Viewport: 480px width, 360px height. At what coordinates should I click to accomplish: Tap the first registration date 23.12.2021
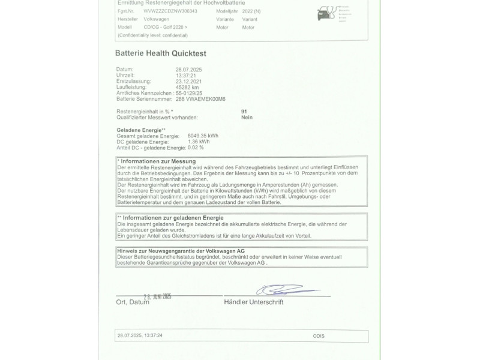tap(190, 81)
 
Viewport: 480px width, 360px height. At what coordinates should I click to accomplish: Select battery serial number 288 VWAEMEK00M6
tap(200, 98)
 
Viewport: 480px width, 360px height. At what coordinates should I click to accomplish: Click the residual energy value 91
tap(244, 112)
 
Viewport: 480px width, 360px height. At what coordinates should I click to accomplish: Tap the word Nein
tap(247, 118)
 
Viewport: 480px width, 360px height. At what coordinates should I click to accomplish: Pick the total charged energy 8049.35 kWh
tap(203, 136)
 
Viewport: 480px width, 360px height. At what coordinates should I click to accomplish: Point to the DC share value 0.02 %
tap(196, 147)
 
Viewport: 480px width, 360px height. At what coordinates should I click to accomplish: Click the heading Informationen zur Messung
tap(158, 162)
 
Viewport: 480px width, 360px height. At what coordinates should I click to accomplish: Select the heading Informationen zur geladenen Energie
tap(172, 218)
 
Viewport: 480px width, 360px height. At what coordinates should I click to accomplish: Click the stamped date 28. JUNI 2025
tap(158, 296)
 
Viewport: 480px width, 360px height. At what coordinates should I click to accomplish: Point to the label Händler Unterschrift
tap(253, 302)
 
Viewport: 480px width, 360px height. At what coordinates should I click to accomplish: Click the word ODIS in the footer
tap(319, 336)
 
